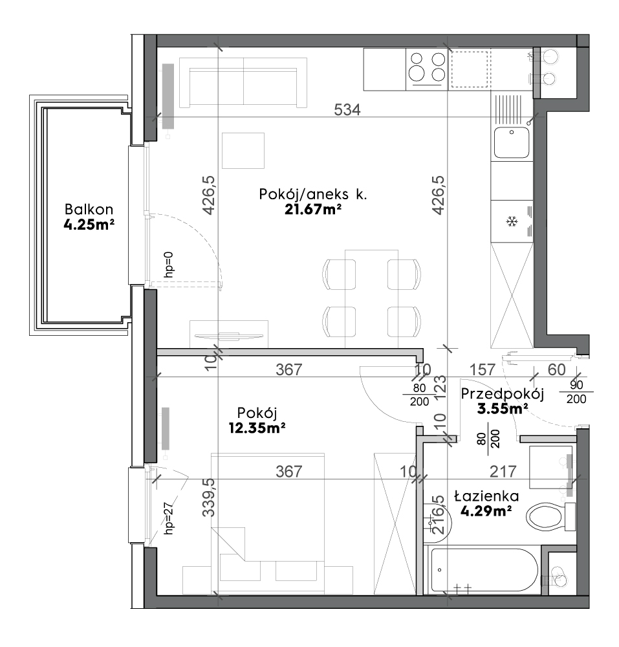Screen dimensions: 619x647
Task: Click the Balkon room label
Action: (89, 209)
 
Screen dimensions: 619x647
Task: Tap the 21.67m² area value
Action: (313, 210)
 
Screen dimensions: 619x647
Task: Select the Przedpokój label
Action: (503, 395)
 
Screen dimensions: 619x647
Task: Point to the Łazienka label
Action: (486, 496)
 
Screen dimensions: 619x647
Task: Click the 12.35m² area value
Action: (257, 428)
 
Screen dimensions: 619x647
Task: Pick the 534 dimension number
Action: (347, 110)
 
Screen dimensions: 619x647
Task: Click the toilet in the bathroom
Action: (551, 516)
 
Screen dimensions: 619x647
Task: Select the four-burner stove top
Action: (427, 69)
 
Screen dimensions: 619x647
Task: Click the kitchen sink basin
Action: (512, 142)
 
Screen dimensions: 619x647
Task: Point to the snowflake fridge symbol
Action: (512, 222)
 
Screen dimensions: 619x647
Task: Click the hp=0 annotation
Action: (169, 265)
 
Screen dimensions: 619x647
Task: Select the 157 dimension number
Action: (483, 369)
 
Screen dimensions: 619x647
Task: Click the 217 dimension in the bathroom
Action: (503, 471)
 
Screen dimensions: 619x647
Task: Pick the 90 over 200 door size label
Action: (576, 392)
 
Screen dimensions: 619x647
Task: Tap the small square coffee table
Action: (243, 151)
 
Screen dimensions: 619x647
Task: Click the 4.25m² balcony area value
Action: (89, 225)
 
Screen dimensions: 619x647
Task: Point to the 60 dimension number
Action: (557, 369)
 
